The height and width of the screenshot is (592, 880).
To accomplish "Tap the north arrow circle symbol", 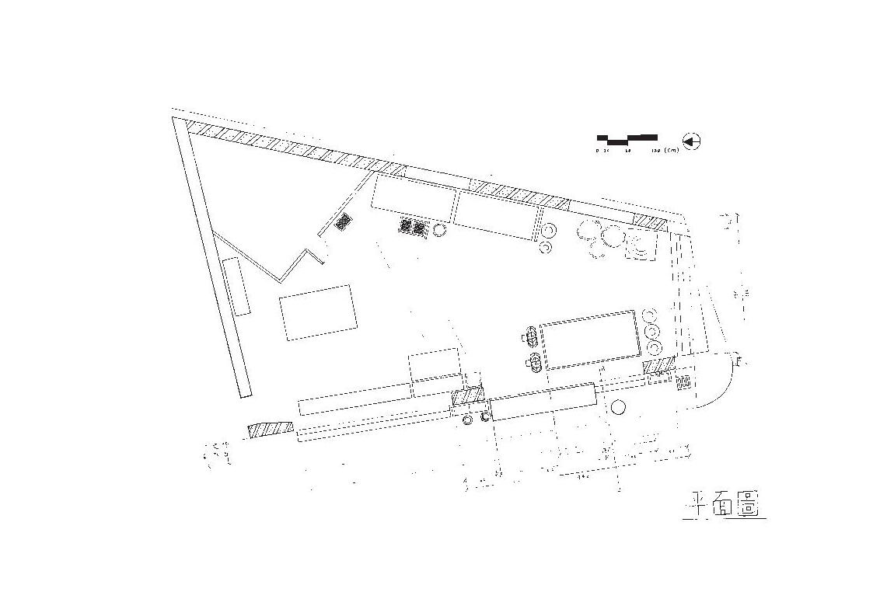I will [691, 141].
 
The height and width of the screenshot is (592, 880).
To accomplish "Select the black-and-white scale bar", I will [627, 139].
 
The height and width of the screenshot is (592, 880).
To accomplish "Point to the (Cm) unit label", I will [672, 150].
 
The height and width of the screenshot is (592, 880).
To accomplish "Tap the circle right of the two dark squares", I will [439, 229].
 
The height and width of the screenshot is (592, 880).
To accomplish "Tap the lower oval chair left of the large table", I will [534, 361].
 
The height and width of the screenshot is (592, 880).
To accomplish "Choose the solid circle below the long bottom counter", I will [619, 407].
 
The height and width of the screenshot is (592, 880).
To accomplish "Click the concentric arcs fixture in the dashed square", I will [643, 248].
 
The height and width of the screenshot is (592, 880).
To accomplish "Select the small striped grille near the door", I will [684, 382].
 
